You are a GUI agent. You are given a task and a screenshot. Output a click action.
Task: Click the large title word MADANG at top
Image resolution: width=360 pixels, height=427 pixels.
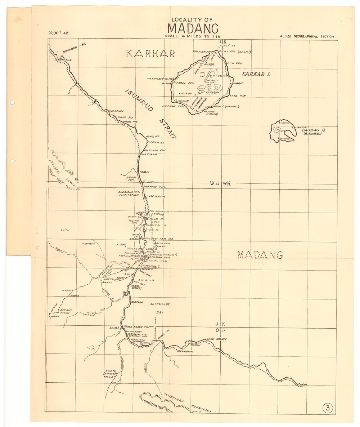coord(192,28)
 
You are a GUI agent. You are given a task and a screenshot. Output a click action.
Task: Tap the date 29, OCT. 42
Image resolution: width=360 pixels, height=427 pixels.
coord(58,33)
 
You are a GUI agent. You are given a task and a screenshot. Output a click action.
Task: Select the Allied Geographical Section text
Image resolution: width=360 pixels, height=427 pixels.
coord(306,36)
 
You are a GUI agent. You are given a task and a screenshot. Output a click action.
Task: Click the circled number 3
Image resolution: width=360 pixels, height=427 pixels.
coord(328,408)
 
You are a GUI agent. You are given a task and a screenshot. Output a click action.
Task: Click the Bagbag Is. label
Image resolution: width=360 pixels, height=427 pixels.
coord(314,132)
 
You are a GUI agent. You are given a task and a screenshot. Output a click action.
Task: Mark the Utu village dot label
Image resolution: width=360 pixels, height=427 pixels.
coord(66,230)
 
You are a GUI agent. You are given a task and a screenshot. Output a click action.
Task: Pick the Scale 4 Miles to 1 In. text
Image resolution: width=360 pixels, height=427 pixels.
coord(192,36)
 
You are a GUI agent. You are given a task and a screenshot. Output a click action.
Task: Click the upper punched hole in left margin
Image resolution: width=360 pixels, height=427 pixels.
coord(12,103)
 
